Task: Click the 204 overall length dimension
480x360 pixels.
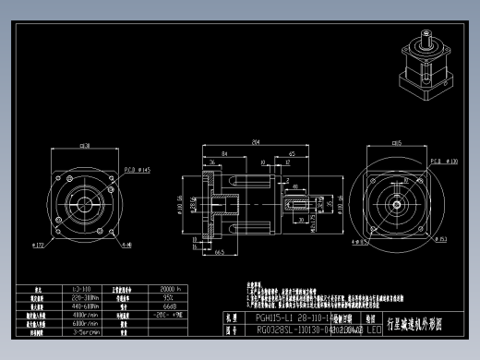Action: click(255, 142)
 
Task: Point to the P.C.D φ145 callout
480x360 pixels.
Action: click(138, 171)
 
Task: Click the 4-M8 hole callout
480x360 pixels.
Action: click(126, 245)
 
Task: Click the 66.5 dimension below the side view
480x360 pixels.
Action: click(222, 262)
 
